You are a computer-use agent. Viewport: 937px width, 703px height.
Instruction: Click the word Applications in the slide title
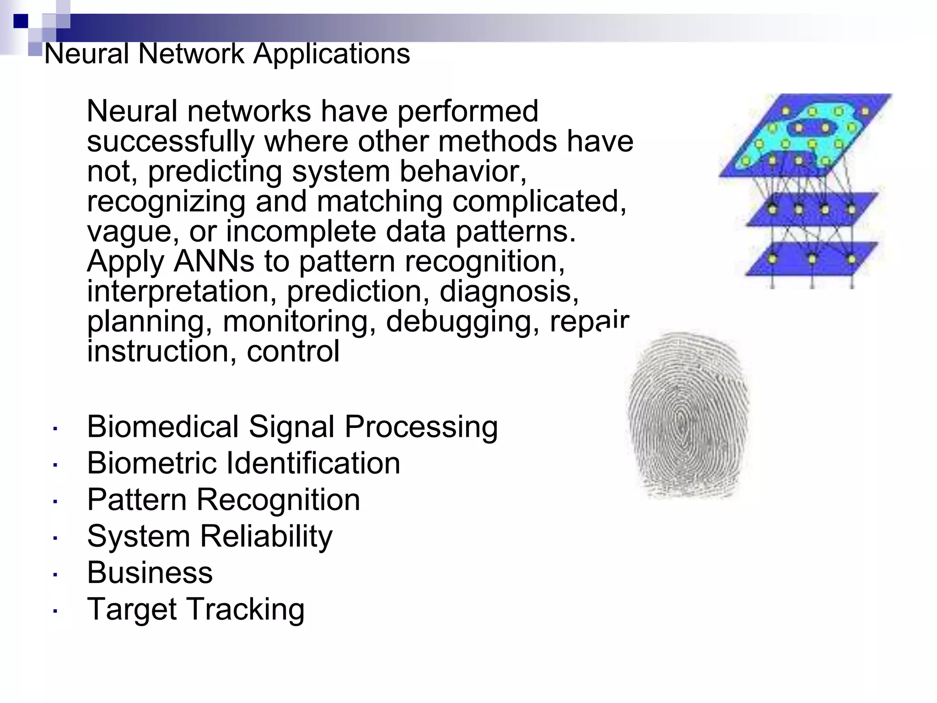pyautogui.click(x=331, y=54)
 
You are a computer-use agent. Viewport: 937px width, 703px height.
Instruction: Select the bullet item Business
pyautogui.click(x=150, y=573)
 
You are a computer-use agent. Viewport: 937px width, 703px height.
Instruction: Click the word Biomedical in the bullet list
pyautogui.click(x=162, y=427)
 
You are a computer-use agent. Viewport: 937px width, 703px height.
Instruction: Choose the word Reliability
pyautogui.click(x=266, y=536)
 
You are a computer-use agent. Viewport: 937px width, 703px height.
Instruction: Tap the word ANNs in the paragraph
pyautogui.click(x=214, y=261)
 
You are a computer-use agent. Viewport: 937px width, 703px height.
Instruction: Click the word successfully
pyautogui.click(x=171, y=141)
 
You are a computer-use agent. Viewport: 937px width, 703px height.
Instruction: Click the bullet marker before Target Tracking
pyautogui.click(x=55, y=611)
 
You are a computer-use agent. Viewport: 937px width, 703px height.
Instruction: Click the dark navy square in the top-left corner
pyautogui.click(x=21, y=21)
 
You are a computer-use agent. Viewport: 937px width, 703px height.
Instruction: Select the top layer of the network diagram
pyautogui.click(x=805, y=135)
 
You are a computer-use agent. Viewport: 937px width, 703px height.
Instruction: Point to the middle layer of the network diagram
pyautogui.click(x=812, y=209)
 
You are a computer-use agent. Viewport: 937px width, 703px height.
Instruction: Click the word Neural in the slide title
pyautogui.click(x=86, y=54)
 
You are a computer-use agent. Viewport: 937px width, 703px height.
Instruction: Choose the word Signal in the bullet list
pyautogui.click(x=291, y=427)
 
